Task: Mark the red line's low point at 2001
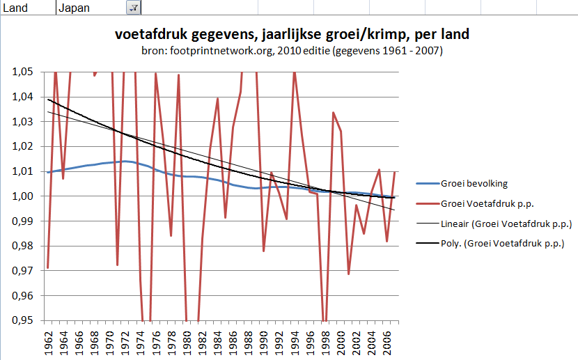tap(349, 274)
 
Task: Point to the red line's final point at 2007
tap(396, 171)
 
